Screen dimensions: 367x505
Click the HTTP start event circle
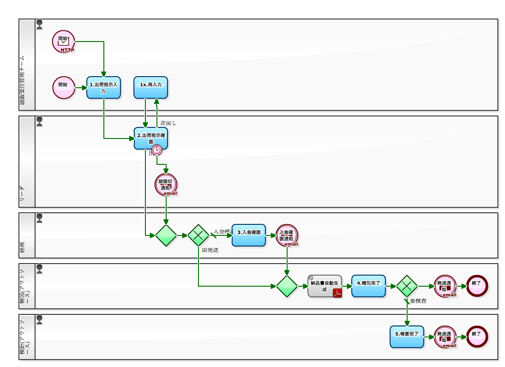(x=63, y=41)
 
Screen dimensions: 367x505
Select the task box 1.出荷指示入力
(x=103, y=88)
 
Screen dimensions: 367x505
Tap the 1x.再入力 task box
(x=150, y=88)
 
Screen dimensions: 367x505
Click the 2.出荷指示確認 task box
(x=150, y=138)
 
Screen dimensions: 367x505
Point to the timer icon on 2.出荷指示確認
(x=157, y=150)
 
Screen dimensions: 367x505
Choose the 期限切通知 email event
(x=166, y=185)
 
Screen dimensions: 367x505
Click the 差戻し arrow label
(x=168, y=123)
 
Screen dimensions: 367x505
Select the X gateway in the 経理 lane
(x=198, y=235)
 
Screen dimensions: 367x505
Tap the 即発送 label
(x=210, y=250)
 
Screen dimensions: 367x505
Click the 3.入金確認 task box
(x=249, y=235)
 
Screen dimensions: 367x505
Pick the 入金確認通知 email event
(x=287, y=235)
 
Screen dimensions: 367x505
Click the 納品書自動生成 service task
(x=325, y=286)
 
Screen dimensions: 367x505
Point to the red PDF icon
(x=337, y=293)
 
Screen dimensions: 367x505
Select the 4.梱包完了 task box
(x=368, y=286)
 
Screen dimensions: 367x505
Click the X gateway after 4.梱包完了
(x=407, y=286)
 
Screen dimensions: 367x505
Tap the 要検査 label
(x=418, y=301)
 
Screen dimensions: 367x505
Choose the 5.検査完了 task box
(x=407, y=337)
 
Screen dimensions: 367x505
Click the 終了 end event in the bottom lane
(x=477, y=337)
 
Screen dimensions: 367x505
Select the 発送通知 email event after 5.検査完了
(x=445, y=337)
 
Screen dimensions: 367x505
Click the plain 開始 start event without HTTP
(x=63, y=88)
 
